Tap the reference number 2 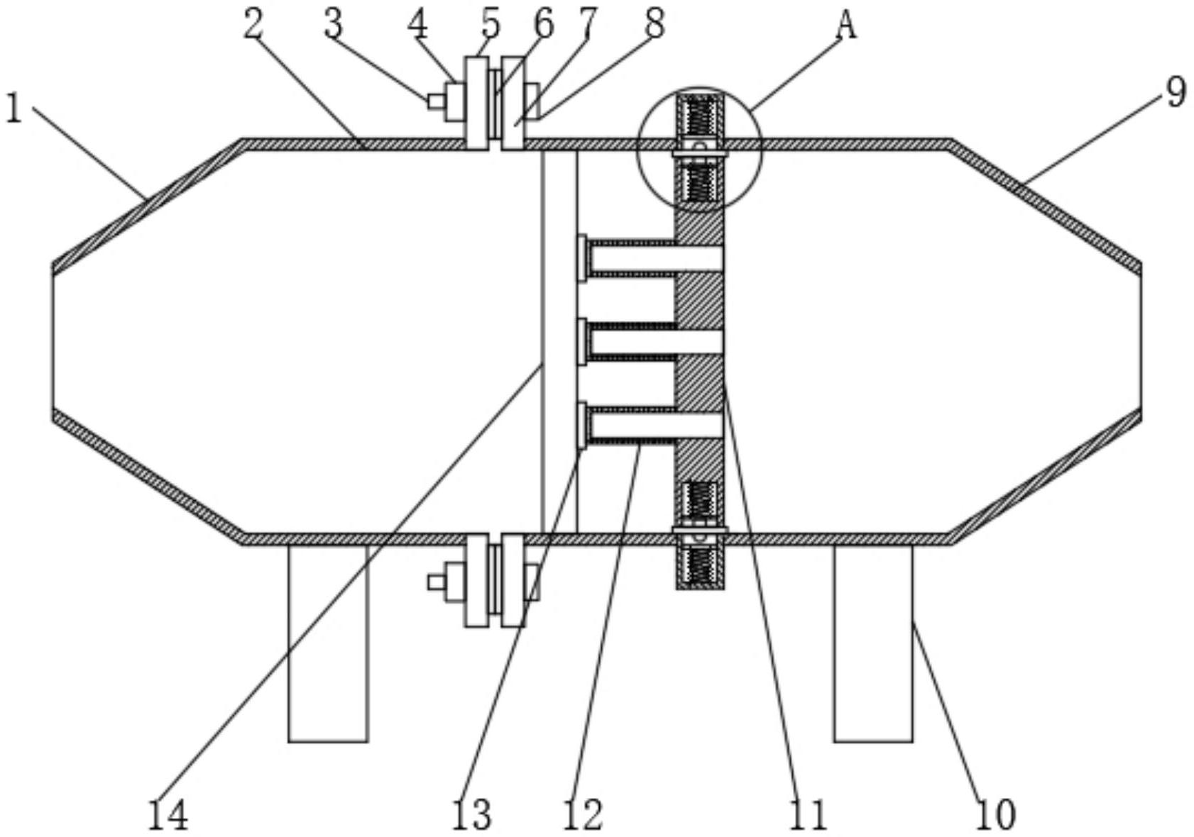pyautogui.click(x=253, y=25)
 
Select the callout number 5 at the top pyautogui.click(x=491, y=23)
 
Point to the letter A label pyautogui.click(x=846, y=26)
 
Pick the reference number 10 pyautogui.click(x=996, y=814)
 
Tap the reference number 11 pyautogui.click(x=808, y=814)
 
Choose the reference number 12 pyautogui.click(x=583, y=814)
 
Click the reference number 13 pyautogui.click(x=471, y=814)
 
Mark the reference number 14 pyautogui.click(x=168, y=814)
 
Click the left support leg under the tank pyautogui.click(x=329, y=643)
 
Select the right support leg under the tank pyautogui.click(x=873, y=643)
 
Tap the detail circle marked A pyautogui.click(x=701, y=150)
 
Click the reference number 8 pyautogui.click(x=654, y=23)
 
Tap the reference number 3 pyautogui.click(x=333, y=25)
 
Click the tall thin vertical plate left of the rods pyautogui.click(x=559, y=341)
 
